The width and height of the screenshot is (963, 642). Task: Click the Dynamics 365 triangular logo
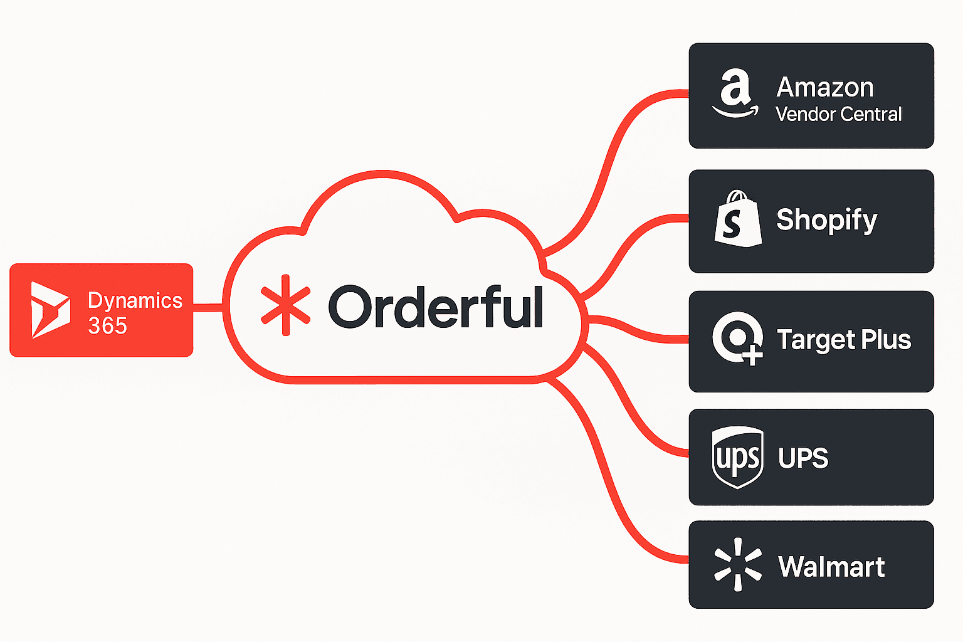(x=50, y=310)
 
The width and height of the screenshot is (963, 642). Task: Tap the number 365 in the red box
(x=107, y=326)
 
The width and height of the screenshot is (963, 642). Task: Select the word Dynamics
(x=135, y=300)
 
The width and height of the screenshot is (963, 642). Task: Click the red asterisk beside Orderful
(x=285, y=305)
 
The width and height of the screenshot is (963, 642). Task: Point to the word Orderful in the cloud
(x=435, y=307)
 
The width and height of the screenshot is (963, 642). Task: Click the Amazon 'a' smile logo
(x=735, y=94)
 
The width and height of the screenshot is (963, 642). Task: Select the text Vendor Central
(x=838, y=114)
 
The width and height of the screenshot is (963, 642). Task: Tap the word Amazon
(x=825, y=87)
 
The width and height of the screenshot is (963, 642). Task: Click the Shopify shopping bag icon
(x=738, y=219)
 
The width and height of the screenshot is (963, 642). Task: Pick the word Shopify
(x=826, y=220)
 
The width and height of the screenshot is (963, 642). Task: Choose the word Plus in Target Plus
(x=886, y=340)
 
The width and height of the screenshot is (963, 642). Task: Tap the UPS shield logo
(x=738, y=457)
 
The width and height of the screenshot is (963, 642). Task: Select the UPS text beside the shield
(x=803, y=458)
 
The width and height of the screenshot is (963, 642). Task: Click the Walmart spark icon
(x=738, y=564)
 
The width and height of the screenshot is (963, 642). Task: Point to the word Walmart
(x=831, y=567)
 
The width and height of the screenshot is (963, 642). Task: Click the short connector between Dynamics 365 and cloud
(x=208, y=307)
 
